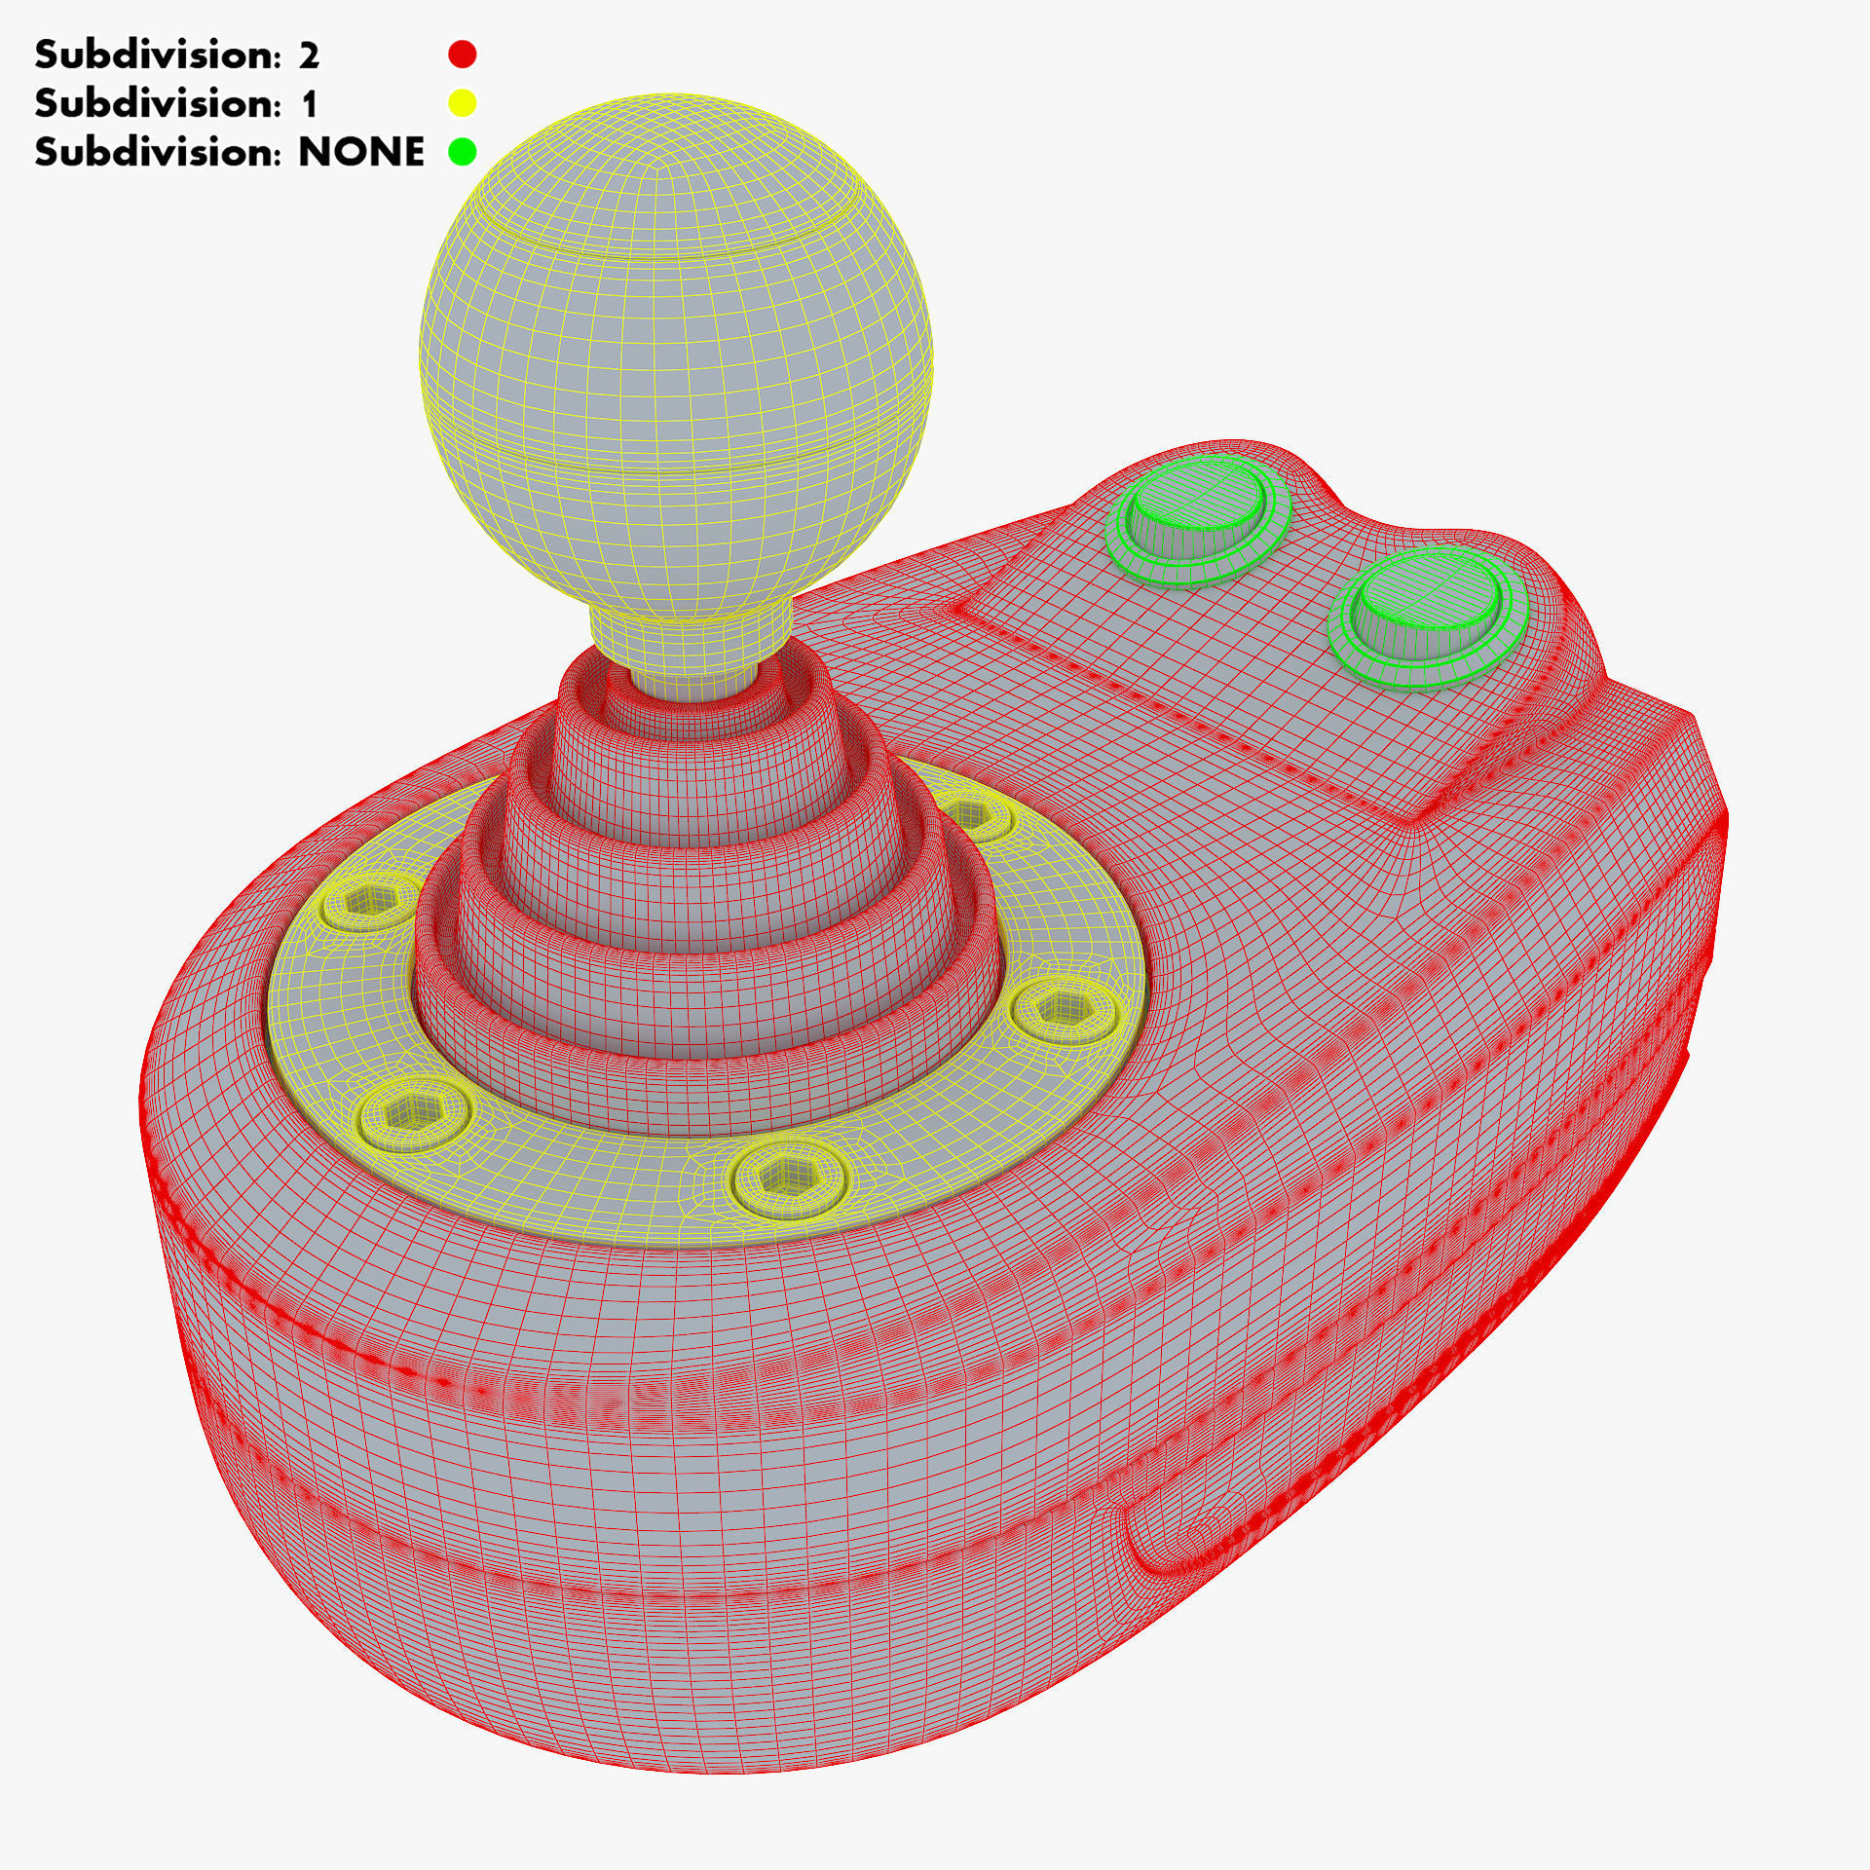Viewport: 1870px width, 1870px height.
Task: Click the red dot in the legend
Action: click(463, 55)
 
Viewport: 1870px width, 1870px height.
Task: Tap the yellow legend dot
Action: click(463, 103)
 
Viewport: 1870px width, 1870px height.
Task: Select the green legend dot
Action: click(463, 152)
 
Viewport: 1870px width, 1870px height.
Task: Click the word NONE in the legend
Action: click(360, 152)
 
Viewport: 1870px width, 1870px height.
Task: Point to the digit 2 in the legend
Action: click(309, 56)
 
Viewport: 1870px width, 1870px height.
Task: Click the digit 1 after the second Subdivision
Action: click(309, 103)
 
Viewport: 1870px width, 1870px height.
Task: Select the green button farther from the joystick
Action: click(1422, 614)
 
